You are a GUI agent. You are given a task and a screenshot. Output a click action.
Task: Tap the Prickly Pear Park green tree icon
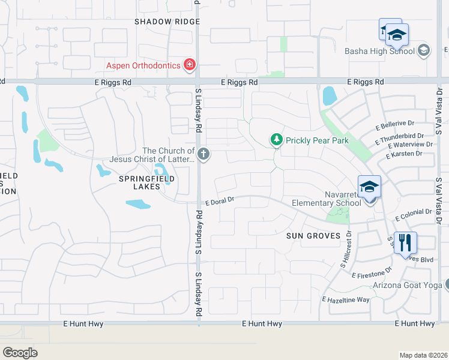[x=276, y=140]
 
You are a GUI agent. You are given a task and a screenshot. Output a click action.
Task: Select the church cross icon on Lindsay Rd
[x=203, y=155]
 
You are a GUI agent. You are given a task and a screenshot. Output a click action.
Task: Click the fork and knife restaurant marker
[x=406, y=242]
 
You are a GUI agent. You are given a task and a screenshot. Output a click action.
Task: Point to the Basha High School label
[x=379, y=51]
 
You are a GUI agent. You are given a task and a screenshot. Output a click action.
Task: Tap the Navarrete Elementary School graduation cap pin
[x=369, y=186]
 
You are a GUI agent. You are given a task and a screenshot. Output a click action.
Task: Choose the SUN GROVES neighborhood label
[x=313, y=236]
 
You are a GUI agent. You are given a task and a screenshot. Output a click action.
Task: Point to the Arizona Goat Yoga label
[x=407, y=285]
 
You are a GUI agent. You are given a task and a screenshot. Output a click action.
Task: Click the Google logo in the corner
[x=20, y=352]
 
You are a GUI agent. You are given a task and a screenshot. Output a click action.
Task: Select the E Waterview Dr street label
[x=410, y=145]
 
